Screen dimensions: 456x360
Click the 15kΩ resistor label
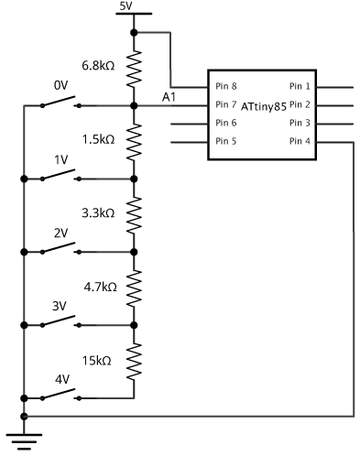99,360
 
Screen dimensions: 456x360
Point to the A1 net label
169,96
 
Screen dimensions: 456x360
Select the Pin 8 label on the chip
226,87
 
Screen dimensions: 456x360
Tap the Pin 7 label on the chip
226,104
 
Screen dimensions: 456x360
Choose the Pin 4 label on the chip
300,141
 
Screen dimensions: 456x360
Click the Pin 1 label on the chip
300,87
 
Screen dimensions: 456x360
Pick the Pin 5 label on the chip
226,141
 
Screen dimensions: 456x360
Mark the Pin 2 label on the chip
300,104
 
